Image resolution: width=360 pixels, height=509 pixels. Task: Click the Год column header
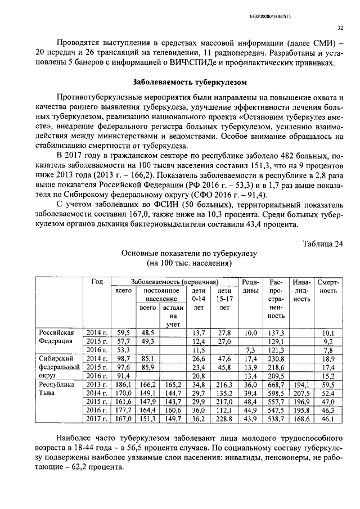click(x=97, y=281)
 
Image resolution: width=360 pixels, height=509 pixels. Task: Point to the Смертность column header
click(x=327, y=286)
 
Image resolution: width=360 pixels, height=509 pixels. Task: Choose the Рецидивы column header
click(x=249, y=286)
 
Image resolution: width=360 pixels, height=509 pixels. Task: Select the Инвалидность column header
click(x=301, y=291)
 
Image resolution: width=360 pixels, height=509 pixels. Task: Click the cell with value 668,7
click(x=276, y=384)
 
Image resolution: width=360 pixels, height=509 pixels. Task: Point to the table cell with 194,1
click(x=301, y=384)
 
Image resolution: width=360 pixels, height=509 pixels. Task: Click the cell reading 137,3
click(x=276, y=333)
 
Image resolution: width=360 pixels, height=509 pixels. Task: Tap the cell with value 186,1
click(x=123, y=384)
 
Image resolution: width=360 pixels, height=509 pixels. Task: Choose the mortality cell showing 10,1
click(x=327, y=333)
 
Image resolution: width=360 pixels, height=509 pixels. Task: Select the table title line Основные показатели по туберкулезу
click(x=189, y=254)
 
